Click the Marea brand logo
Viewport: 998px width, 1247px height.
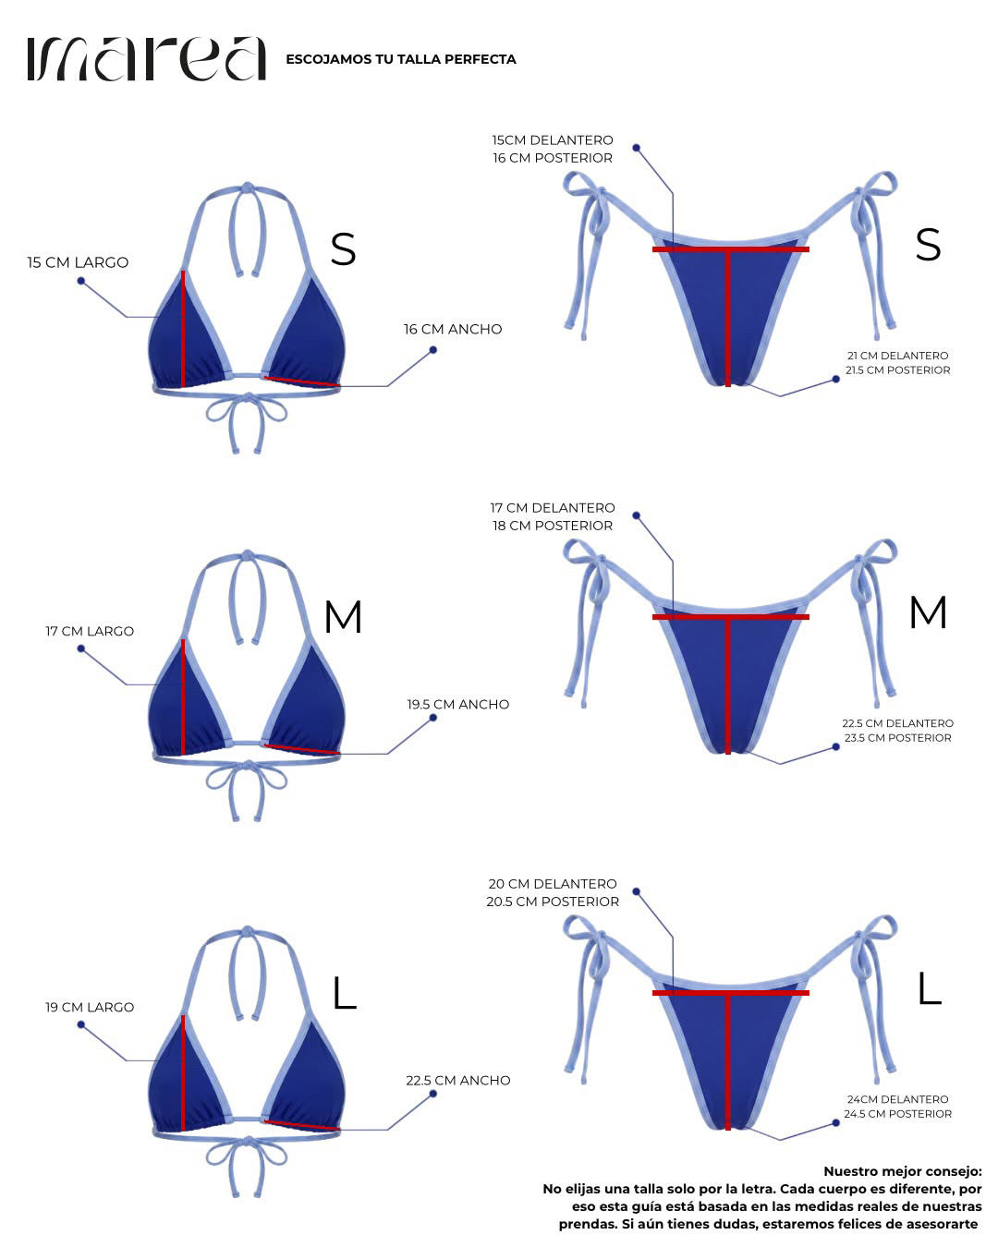click(146, 58)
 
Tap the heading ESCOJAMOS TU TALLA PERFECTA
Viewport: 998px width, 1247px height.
click(401, 59)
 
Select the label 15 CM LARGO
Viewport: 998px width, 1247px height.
click(78, 262)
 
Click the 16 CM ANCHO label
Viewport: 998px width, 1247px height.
click(453, 329)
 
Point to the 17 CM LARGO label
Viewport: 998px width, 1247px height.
click(90, 631)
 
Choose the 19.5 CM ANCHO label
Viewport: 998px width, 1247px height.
click(458, 704)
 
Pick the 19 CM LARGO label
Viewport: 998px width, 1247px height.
click(90, 1007)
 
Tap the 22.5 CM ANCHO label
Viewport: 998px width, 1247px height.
click(458, 1080)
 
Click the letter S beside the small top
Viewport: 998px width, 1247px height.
click(344, 249)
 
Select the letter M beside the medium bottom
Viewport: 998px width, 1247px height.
click(928, 612)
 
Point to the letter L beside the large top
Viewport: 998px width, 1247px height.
click(345, 993)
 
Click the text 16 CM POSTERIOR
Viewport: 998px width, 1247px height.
click(553, 158)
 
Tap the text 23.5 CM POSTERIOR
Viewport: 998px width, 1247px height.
click(897, 738)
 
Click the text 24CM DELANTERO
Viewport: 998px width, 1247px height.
click(897, 1099)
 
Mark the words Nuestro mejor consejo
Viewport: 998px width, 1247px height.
click(902, 1171)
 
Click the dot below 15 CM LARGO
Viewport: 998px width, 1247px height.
click(81, 281)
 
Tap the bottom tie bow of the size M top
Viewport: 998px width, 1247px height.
click(247, 790)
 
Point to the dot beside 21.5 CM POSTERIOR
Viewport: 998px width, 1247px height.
click(835, 379)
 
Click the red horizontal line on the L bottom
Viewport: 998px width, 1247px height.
click(731, 993)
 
